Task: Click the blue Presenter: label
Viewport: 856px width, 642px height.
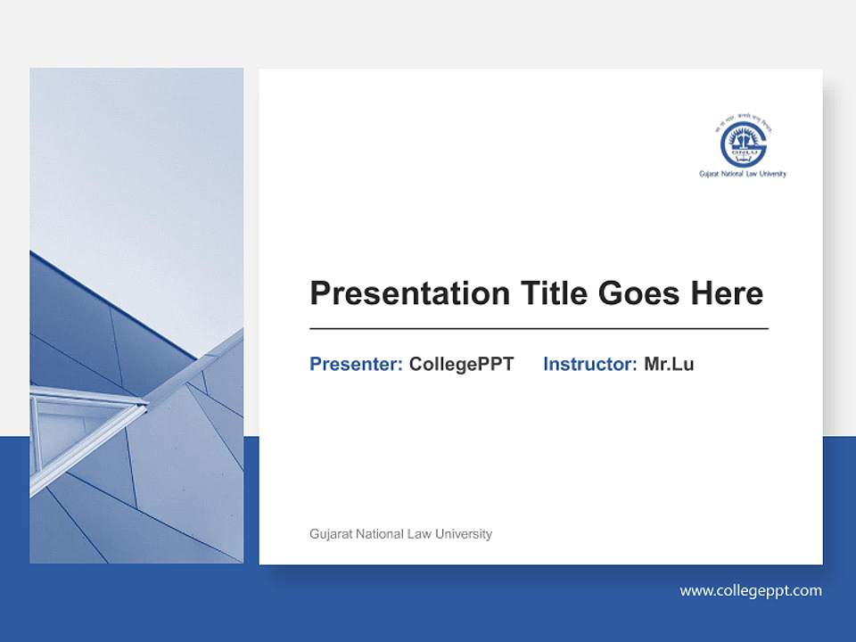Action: [356, 364]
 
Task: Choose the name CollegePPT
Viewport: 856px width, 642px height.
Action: [461, 364]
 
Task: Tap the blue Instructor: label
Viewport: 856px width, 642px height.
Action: [589, 364]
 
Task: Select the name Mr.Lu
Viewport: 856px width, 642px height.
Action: [669, 364]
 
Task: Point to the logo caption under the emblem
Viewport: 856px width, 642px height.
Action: [743, 174]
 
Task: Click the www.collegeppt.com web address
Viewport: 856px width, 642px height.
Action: [751, 590]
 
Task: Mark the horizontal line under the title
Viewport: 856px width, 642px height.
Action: [539, 329]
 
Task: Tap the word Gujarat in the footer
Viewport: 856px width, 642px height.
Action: [331, 534]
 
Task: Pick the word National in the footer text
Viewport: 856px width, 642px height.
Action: [381, 534]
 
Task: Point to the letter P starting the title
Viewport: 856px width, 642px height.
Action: [319, 293]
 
